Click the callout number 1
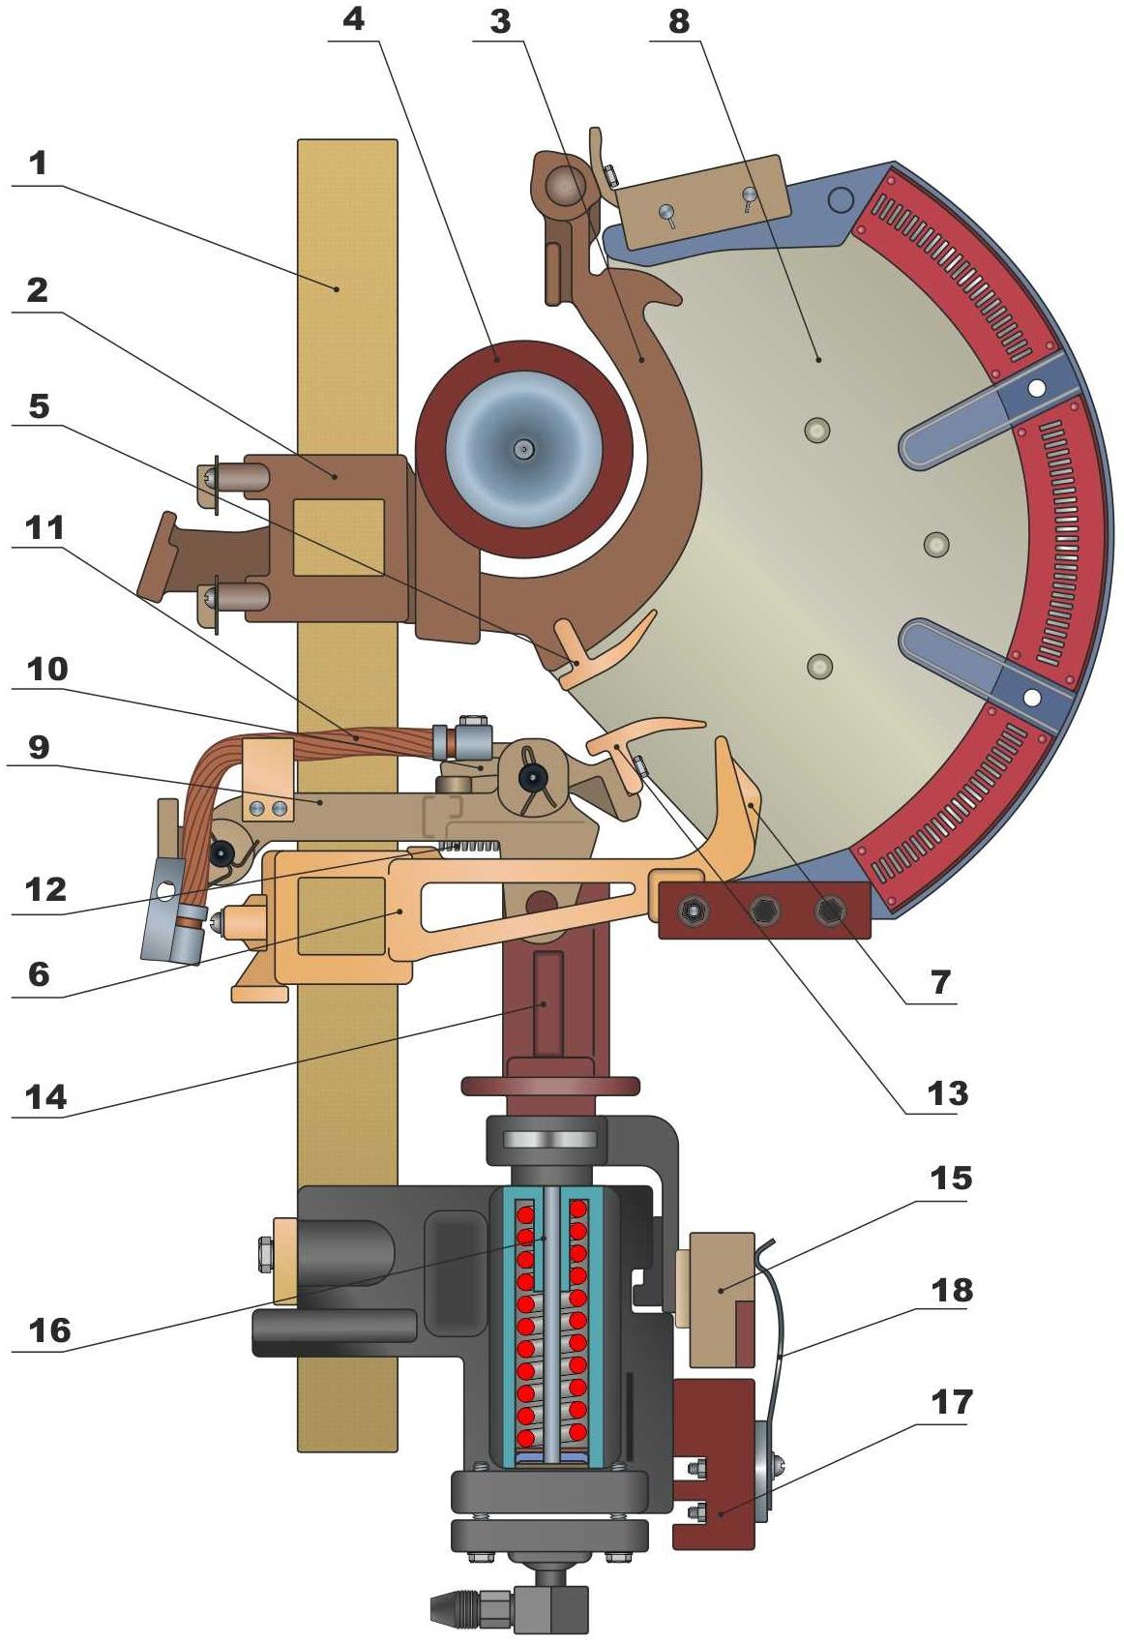click(x=38, y=163)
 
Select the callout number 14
click(x=46, y=1097)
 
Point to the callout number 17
click(x=952, y=1401)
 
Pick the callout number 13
click(x=948, y=1092)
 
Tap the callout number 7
click(x=941, y=981)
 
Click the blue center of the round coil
click(x=524, y=448)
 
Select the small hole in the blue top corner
click(x=841, y=198)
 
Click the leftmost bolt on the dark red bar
click(x=693, y=911)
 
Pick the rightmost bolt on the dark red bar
click(x=829, y=911)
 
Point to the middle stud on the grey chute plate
click(x=937, y=544)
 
